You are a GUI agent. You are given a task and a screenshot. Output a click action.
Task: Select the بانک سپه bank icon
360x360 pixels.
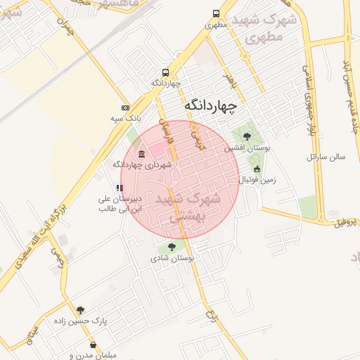coord(125,108)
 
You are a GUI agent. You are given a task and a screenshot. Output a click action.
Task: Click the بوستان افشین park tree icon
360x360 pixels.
coord(246,136)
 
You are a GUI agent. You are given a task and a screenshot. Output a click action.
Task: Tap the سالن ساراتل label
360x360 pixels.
coord(326,157)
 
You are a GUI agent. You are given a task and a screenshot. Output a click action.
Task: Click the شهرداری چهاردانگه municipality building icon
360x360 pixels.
coord(142,154)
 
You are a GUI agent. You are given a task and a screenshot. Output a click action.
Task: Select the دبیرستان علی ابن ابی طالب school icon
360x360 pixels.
coord(120,188)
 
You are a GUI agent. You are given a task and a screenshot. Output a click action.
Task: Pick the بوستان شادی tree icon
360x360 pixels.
coord(171,247)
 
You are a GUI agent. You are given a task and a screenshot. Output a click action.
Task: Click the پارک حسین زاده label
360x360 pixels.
coord(80,321)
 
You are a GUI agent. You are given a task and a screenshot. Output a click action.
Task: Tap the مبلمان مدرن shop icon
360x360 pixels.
coord(94,345)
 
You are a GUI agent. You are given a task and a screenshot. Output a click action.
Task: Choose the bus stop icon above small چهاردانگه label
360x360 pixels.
coord(165,72)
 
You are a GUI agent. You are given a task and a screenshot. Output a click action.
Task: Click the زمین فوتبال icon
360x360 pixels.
coord(257,169)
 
